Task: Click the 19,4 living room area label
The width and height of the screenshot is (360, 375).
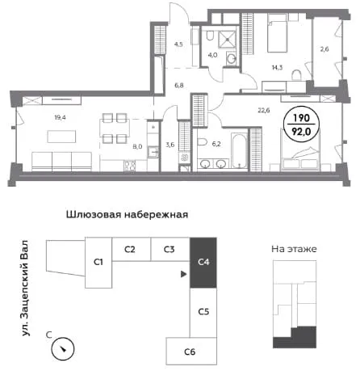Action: coord(60,117)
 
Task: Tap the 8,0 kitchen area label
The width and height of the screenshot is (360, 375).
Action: coord(137,147)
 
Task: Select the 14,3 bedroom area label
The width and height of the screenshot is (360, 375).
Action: coord(277,67)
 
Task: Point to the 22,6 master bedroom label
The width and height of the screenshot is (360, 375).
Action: coord(264,110)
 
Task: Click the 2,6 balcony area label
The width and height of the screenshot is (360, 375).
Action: coord(324,49)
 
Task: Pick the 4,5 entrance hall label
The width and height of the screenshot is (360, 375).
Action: coord(178,44)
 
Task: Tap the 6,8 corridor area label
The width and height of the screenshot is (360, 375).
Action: coord(179,86)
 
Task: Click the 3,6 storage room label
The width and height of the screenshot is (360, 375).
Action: coord(170,145)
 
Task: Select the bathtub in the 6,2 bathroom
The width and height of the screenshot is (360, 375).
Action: coord(239,151)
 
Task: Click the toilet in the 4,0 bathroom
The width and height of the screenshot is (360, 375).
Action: coord(210,36)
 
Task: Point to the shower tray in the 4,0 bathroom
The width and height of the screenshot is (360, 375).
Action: coord(228,40)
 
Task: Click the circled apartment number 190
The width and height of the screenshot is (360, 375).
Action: coord(301,118)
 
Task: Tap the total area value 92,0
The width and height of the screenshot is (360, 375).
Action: coord(301,132)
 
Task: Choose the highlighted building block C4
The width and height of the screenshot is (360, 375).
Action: coord(203,263)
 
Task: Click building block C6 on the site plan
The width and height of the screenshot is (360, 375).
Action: coord(191,352)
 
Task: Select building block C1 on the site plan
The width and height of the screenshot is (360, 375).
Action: coord(98,263)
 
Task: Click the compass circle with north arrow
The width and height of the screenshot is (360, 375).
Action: coord(63,349)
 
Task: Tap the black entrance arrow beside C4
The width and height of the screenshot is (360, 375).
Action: coord(183,274)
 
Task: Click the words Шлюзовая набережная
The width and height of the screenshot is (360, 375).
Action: coord(127,215)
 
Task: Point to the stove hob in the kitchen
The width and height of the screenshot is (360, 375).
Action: coord(130,166)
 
